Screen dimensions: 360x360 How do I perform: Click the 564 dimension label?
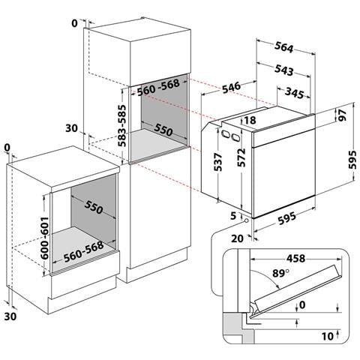tap(283, 46)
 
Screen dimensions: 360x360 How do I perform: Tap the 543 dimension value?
tap(283, 70)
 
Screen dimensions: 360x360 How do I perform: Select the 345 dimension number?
tap(295, 93)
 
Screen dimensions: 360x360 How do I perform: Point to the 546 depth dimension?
tap(231, 88)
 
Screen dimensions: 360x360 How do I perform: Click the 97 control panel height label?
tap(343, 115)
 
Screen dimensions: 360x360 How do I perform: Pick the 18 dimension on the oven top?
tap(250, 120)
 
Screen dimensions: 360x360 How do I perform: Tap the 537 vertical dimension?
tap(218, 162)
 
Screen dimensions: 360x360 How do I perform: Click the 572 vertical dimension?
tap(241, 157)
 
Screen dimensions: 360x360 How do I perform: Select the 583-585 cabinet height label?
tap(122, 126)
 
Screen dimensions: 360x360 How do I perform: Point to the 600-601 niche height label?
tap(45, 238)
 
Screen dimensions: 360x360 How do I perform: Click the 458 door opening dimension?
tap(295, 258)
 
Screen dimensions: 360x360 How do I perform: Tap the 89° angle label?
tap(280, 273)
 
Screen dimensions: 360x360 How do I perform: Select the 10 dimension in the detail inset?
tap(328, 336)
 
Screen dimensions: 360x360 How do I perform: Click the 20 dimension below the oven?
tap(237, 238)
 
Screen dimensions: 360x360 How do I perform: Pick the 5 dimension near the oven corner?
tap(233, 216)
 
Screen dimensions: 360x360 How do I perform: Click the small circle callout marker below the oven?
tap(247, 220)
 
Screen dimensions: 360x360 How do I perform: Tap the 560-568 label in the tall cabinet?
tap(158, 88)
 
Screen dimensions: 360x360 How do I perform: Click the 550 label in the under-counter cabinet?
tap(94, 207)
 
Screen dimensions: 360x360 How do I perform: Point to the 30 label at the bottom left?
tap(10, 316)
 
